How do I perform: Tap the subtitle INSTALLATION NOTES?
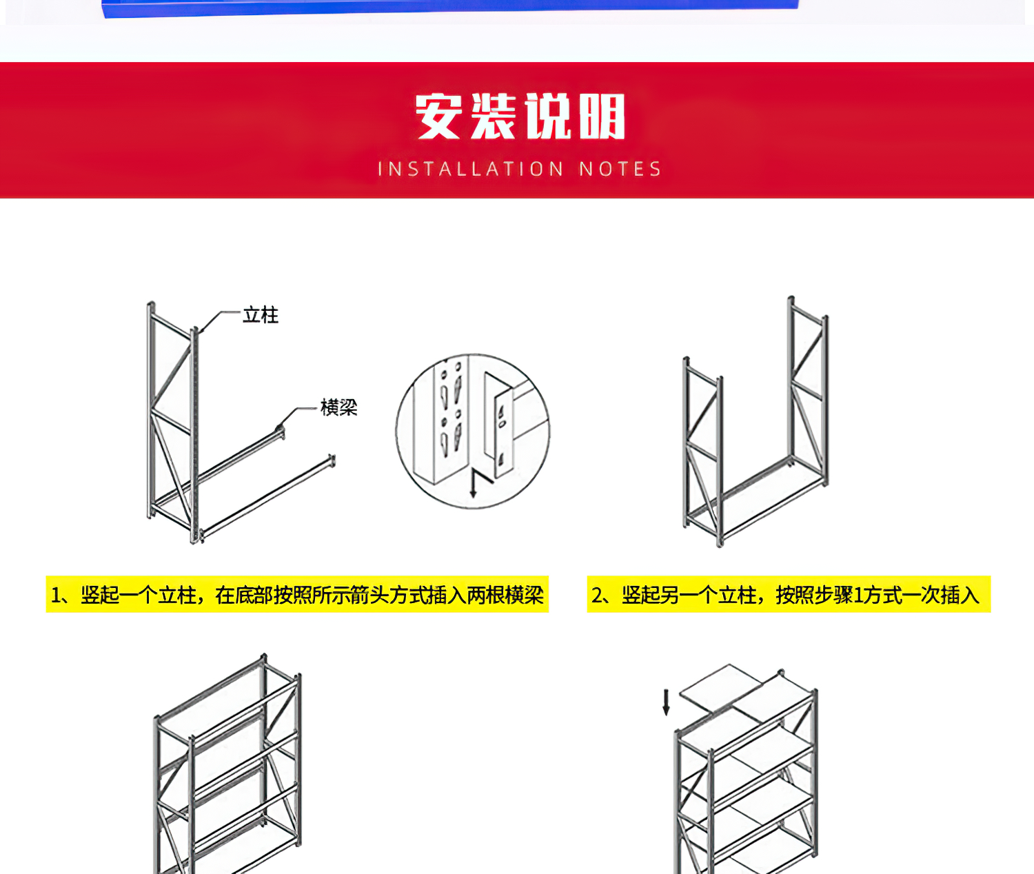(x=520, y=169)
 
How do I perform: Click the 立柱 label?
(x=260, y=315)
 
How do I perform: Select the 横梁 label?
(x=338, y=407)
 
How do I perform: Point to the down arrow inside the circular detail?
(x=473, y=483)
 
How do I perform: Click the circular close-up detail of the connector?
(x=473, y=431)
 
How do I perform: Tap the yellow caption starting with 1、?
(x=297, y=594)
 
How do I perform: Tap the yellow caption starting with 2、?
(x=789, y=594)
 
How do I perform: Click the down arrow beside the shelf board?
(x=666, y=702)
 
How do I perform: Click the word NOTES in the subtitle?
(x=620, y=169)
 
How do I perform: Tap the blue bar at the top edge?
(x=449, y=7)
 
